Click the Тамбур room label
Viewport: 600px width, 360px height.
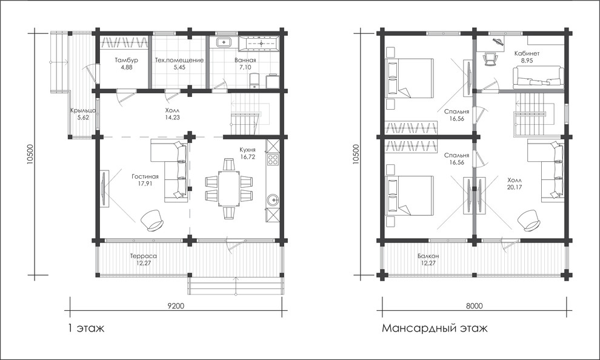pyautogui.click(x=126, y=61)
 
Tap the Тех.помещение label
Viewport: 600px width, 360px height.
pyautogui.click(x=179, y=61)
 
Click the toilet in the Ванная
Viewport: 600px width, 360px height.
pyautogui.click(x=255, y=81)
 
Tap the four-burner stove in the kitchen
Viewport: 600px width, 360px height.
pyautogui.click(x=273, y=159)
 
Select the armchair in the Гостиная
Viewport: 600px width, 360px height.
pyautogui.click(x=153, y=219)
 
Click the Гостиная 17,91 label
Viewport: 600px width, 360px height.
pyautogui.click(x=145, y=179)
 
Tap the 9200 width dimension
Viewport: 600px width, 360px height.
pyautogui.click(x=176, y=305)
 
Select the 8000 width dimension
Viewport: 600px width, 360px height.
pyautogui.click(x=475, y=305)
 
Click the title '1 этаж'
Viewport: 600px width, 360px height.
pyautogui.click(x=85, y=328)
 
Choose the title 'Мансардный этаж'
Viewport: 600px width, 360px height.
pyautogui.click(x=435, y=328)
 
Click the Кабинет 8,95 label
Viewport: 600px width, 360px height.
pyautogui.click(x=527, y=56)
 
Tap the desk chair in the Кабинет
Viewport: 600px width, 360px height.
pyautogui.click(x=490, y=59)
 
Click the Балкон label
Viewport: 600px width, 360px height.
pyautogui.click(x=428, y=259)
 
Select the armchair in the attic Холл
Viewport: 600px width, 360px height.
pyautogui.click(x=530, y=220)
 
